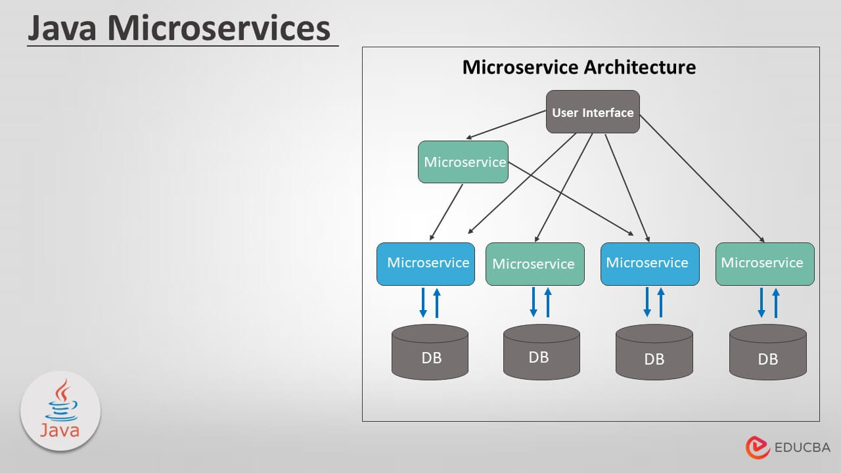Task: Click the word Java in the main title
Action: click(62, 28)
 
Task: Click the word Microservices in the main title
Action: click(219, 28)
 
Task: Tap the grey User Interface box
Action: click(593, 112)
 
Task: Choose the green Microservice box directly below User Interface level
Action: click(463, 162)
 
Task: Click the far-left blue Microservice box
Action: click(426, 263)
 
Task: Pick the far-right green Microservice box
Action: click(764, 263)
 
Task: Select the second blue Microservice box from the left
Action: click(650, 263)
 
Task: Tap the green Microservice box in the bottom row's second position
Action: click(535, 264)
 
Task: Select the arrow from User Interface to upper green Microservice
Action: click(506, 125)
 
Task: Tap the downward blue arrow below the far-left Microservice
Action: click(423, 303)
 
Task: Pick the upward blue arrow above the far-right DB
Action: click(775, 303)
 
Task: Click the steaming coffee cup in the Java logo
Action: click(60, 402)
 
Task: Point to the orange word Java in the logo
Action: click(60, 430)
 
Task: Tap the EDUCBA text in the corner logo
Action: click(802, 447)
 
